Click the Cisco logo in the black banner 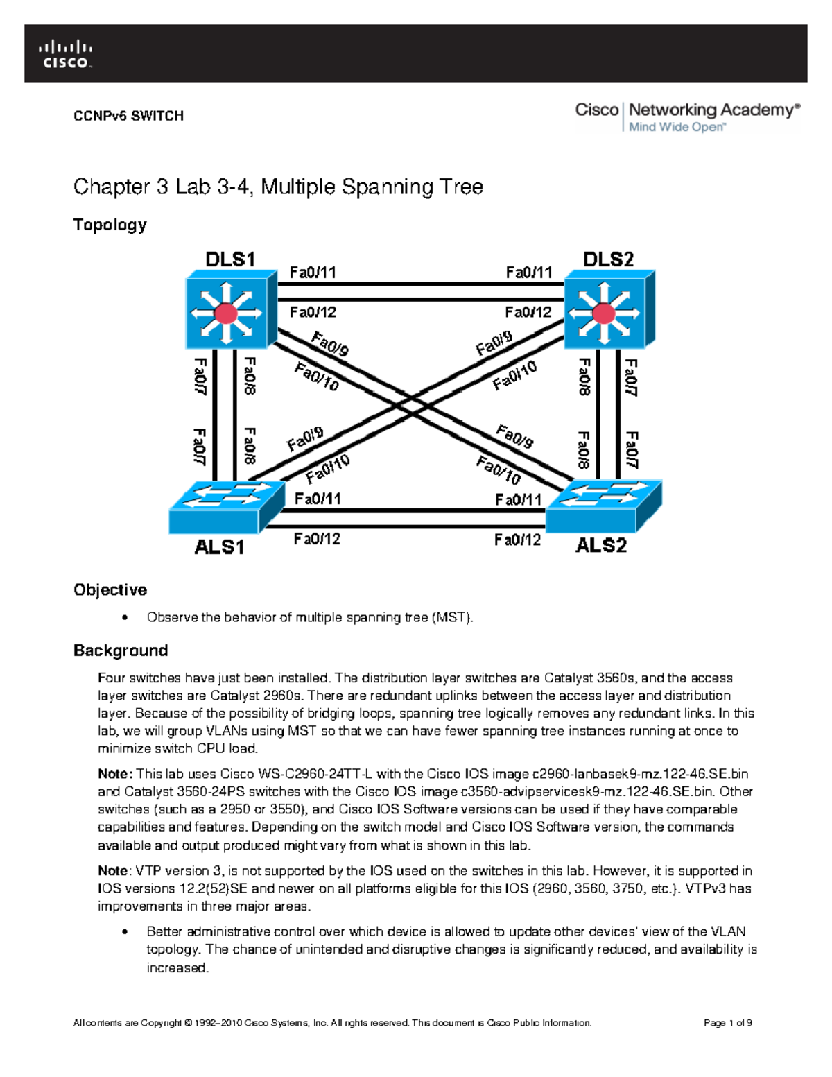coord(65,55)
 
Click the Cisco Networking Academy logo coord(687,117)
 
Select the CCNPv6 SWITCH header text coord(128,116)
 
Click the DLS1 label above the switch coord(230,259)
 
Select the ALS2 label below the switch coord(601,546)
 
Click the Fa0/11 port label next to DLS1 coord(313,273)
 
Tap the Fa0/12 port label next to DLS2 coord(528,312)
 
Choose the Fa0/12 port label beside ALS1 coord(317,539)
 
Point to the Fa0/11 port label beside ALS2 coord(518,499)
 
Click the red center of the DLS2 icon coord(604,313)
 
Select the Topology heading coord(110,225)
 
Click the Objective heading coord(110,589)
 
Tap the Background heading coord(121,650)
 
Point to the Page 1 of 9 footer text coord(727,1023)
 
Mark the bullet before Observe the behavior coord(125,617)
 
